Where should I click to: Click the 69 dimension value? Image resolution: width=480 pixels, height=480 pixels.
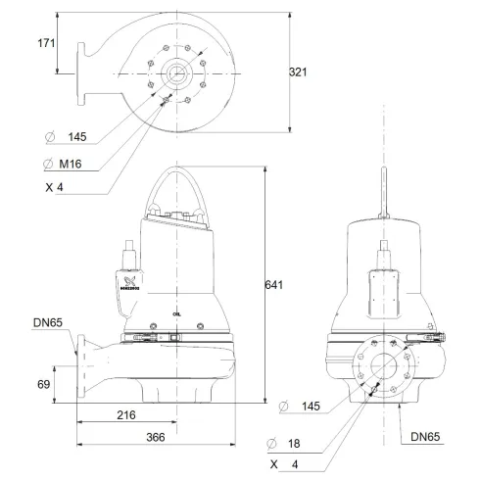pos(44,384)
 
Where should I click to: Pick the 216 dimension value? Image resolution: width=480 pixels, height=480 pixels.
pos(126,415)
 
